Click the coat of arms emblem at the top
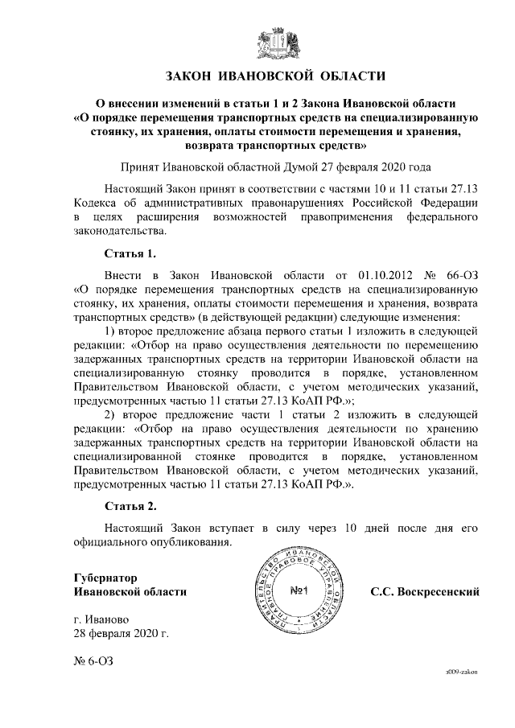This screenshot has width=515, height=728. (x=276, y=42)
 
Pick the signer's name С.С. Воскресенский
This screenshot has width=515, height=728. (x=425, y=592)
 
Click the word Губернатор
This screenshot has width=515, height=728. (x=105, y=578)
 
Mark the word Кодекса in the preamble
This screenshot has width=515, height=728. (x=97, y=202)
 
